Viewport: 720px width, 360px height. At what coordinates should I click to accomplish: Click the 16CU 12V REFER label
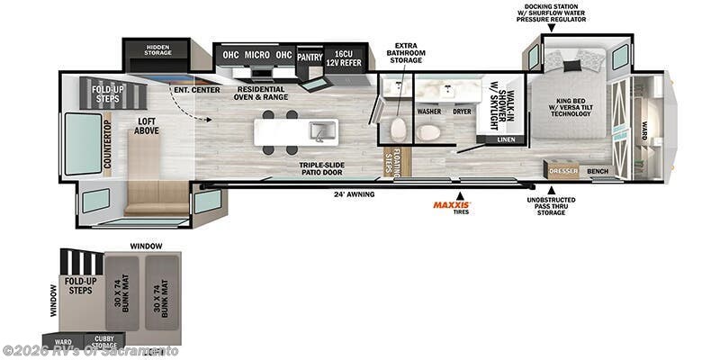(344, 56)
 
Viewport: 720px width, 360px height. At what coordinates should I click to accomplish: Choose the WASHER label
(429, 112)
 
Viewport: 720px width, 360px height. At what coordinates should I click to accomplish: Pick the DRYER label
(463, 112)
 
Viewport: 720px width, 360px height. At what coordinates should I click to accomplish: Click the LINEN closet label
(506, 139)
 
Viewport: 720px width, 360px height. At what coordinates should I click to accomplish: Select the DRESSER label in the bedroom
(562, 170)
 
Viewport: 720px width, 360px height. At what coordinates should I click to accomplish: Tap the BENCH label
(598, 170)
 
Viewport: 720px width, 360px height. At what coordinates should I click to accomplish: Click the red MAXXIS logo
(451, 205)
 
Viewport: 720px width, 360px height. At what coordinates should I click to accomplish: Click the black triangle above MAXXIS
(459, 193)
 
